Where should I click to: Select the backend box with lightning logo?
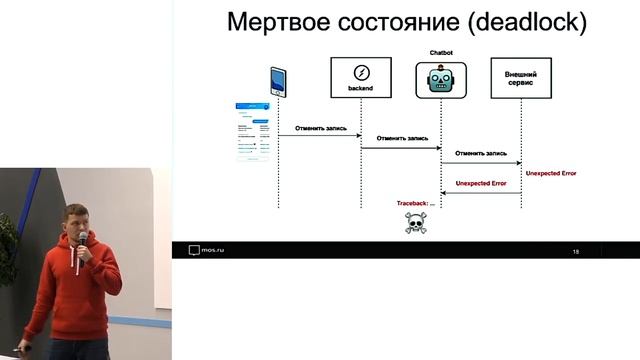pyautogui.click(x=360, y=78)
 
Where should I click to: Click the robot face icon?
pyautogui.click(x=441, y=79)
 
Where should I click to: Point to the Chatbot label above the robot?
pyautogui.click(x=441, y=49)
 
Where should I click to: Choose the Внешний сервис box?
pyautogui.click(x=521, y=78)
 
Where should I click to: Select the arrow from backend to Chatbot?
pyautogui.click(x=400, y=148)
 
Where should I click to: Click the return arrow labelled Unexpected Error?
pyautogui.click(x=480, y=194)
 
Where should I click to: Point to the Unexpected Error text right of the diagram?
pyautogui.click(x=551, y=174)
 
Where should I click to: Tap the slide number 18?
pyautogui.click(x=576, y=251)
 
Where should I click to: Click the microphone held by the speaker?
pyautogui.click(x=83, y=241)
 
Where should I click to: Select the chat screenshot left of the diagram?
pyautogui.click(x=254, y=130)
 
